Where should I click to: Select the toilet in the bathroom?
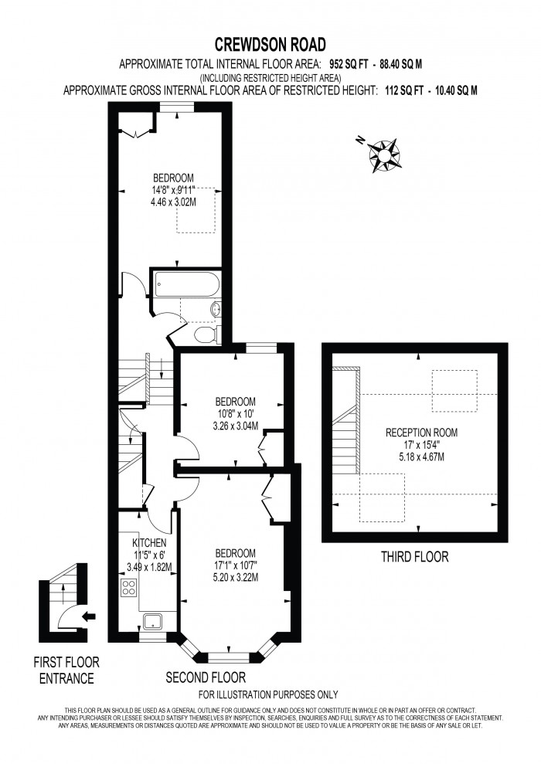click(205, 334)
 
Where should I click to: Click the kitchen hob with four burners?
click(129, 588)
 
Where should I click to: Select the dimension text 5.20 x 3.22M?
click(235, 577)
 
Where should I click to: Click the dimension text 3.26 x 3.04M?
click(235, 425)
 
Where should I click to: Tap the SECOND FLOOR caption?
click(206, 677)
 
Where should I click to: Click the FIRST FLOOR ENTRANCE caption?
click(66, 671)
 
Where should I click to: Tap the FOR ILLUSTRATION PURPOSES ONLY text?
click(269, 694)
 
